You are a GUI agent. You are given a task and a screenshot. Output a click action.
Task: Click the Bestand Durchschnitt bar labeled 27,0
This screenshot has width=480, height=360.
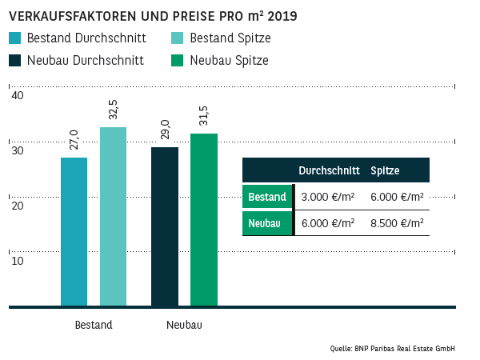[x=74, y=231]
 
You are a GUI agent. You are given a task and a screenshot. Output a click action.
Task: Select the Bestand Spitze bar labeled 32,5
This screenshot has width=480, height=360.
[x=113, y=216]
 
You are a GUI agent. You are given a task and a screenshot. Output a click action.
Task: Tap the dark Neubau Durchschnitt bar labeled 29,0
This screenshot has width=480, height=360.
[x=165, y=226]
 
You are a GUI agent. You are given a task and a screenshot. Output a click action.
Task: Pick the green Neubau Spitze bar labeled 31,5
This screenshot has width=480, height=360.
[x=204, y=219]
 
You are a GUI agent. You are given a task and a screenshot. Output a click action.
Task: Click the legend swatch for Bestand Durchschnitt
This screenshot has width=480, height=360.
[x=15, y=38]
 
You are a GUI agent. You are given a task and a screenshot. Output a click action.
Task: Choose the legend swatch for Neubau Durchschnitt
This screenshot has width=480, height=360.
[x=15, y=61]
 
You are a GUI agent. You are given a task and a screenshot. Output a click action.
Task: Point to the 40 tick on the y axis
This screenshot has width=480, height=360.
[x=17, y=95]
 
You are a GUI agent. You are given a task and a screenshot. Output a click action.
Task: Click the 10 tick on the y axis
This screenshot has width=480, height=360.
[x=17, y=261]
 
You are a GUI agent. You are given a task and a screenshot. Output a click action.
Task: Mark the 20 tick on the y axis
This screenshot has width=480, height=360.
[x=17, y=206]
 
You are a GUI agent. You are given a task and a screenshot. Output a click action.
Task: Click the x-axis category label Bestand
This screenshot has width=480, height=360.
[x=94, y=326]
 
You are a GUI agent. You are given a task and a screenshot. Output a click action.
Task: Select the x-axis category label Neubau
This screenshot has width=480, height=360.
[x=184, y=326]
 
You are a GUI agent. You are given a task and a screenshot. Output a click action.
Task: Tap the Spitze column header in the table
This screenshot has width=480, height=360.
[x=385, y=171]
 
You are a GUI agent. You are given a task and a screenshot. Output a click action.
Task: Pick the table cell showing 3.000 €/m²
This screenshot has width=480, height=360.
[x=327, y=197]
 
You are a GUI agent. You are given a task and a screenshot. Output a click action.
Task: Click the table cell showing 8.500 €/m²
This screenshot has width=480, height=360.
[x=397, y=223]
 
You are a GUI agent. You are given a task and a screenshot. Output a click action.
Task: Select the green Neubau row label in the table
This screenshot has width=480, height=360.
[x=266, y=223]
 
